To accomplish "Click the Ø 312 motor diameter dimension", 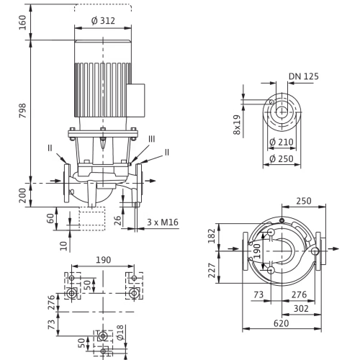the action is (103, 21).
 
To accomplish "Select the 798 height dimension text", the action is (23, 111).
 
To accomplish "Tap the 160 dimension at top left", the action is (23, 22).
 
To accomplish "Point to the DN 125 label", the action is (304, 76).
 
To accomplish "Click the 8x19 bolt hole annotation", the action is (237, 125).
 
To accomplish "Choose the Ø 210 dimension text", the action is (282, 142).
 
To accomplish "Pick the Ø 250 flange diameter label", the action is (282, 158).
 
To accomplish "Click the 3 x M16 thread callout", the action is (163, 222).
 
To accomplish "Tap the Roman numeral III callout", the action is (151, 139).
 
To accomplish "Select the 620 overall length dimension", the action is (282, 323).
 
